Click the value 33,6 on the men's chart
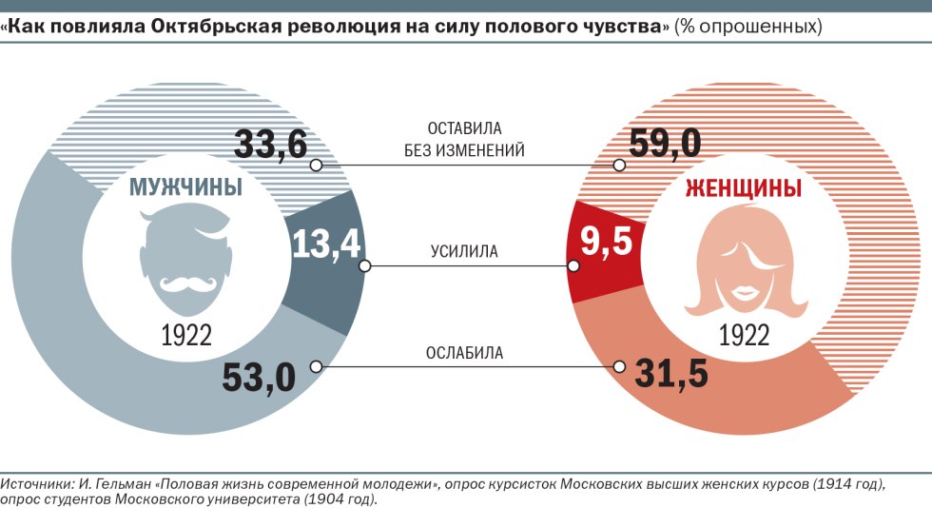[x=271, y=145]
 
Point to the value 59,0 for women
[x=665, y=145]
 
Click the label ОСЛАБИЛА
[x=464, y=354]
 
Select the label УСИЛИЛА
[x=464, y=252]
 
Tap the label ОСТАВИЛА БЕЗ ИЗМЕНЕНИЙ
[x=464, y=139]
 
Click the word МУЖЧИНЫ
[x=185, y=187]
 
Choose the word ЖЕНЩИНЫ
[x=744, y=188]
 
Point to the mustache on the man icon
[x=185, y=283]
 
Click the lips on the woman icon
[x=742, y=289]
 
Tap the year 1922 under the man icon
[x=185, y=335]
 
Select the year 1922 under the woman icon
[x=744, y=335]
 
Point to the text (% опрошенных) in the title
[x=748, y=27]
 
